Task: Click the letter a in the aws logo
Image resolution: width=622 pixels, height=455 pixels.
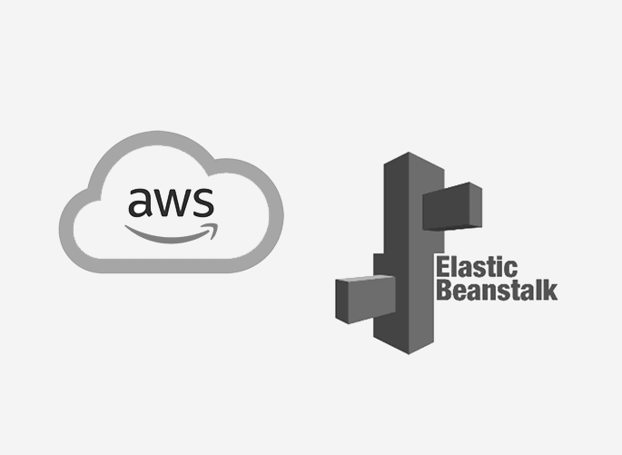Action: click(140, 203)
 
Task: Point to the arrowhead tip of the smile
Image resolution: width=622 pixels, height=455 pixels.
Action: click(217, 224)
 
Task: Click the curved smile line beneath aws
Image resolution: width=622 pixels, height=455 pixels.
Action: click(172, 239)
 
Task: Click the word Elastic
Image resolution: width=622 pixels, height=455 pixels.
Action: click(477, 267)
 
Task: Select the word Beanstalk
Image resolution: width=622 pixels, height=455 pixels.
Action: click(497, 290)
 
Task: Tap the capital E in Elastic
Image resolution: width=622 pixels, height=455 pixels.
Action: click(442, 267)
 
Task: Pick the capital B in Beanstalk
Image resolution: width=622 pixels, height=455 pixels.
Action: click(443, 290)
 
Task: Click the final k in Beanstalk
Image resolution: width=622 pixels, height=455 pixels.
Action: click(551, 290)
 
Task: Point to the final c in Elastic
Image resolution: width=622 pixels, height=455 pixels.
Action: click(511, 270)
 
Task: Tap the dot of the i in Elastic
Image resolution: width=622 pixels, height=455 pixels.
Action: click(499, 259)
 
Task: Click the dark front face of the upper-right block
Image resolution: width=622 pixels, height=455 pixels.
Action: click(447, 210)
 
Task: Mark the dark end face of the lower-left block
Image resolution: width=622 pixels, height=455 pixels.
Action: click(341, 301)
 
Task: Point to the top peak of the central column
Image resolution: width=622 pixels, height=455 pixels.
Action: click(409, 153)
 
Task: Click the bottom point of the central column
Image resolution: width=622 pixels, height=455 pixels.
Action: click(409, 354)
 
